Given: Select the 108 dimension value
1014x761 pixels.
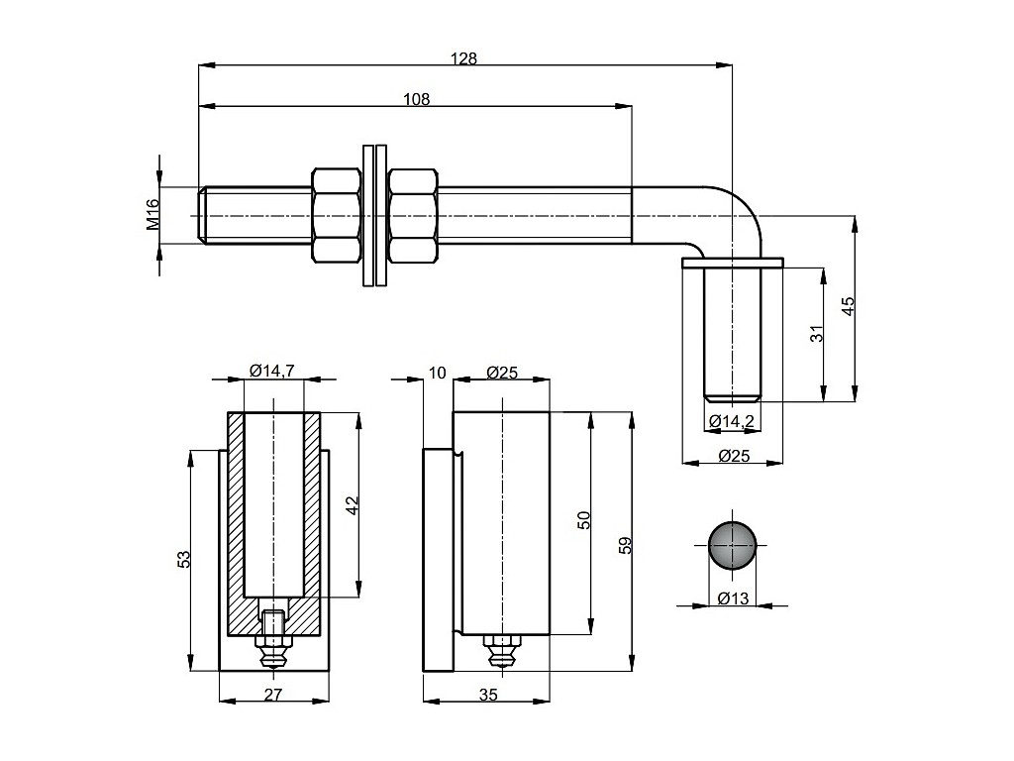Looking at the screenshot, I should point(416,98).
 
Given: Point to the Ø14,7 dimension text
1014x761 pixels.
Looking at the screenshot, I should point(271,371).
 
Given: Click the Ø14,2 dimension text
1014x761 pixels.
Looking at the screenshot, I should point(732,422).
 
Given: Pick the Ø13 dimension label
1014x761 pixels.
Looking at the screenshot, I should point(733,598).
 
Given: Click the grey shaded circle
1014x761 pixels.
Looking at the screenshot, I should point(733,544).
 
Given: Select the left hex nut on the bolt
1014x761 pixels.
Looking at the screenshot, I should point(337,215).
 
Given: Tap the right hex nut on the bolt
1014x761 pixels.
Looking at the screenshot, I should point(413,215).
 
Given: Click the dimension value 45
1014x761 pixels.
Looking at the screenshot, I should point(848,307).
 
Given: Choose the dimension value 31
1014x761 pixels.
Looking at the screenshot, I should point(817,334).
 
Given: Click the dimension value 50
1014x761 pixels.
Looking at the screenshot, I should point(584,520).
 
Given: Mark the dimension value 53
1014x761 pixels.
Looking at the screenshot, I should point(183,561).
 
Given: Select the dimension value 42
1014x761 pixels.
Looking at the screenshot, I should point(352,504).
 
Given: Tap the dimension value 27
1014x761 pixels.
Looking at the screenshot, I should point(273,695).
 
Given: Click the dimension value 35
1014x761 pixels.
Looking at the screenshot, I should point(487,695).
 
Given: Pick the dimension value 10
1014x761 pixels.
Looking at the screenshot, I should point(438,373).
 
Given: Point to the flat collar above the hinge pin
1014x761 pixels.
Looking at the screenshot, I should point(733,262).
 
